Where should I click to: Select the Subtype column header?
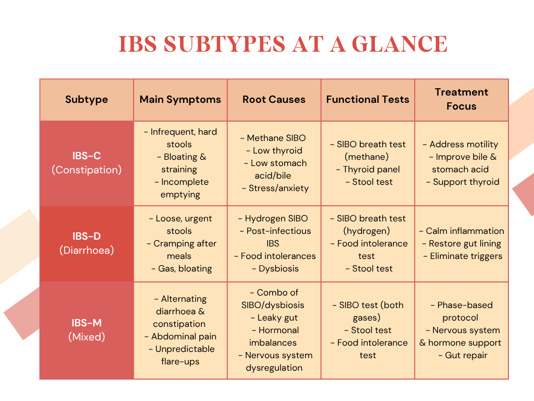[x=87, y=99]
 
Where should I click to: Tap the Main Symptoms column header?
[x=180, y=99]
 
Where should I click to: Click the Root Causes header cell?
[x=274, y=99]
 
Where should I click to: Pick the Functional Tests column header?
[x=368, y=99]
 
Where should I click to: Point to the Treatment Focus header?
[x=462, y=99]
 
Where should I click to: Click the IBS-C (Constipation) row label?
[x=87, y=162]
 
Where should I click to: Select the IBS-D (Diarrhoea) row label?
[x=87, y=243]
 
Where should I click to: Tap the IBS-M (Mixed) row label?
[x=87, y=330]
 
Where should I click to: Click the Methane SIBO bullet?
[x=274, y=138]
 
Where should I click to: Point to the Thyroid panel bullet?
[x=368, y=169]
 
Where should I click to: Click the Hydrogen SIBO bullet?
[x=274, y=218]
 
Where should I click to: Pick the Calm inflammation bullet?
[x=462, y=231]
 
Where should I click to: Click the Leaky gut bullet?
[x=274, y=317]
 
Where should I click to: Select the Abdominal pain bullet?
[x=180, y=336]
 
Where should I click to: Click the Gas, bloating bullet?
[x=180, y=268]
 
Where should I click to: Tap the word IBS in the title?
[x=137, y=44]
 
